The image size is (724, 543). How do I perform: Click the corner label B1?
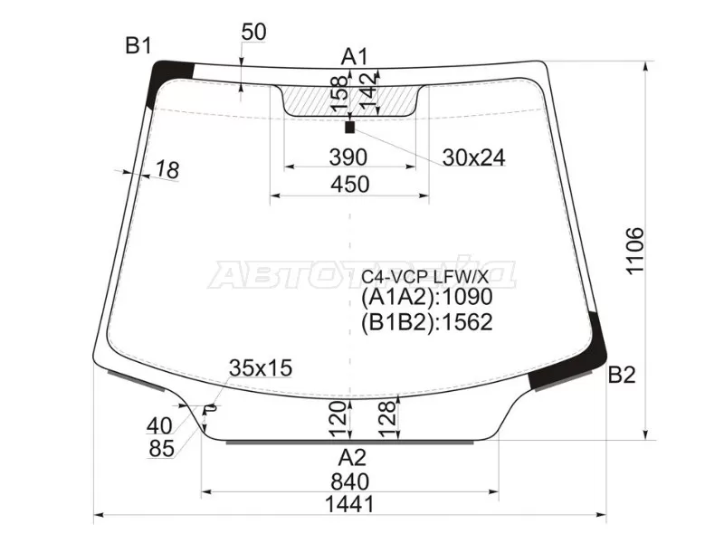pos(138,45)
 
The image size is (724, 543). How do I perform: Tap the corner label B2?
pos(622,374)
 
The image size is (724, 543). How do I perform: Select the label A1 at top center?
pos(354,57)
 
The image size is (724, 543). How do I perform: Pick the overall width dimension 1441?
pos(349,504)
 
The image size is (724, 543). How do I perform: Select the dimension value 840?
pos(349,480)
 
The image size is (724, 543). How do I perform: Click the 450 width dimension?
pos(349,184)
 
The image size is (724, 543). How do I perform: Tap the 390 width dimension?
pos(348,157)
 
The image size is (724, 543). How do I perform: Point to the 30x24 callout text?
pos(473,157)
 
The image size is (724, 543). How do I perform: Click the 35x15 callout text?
pos(261,367)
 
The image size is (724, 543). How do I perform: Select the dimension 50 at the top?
pos(254,32)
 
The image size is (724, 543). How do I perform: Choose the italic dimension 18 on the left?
pos(167,168)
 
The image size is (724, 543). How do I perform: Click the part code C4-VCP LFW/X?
pos(425,276)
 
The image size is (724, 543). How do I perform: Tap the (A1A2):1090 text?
pos(426,300)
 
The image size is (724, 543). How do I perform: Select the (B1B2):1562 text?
pos(426,323)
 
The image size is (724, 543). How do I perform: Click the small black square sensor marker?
pos(350,128)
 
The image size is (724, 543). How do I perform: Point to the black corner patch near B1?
pos(173,73)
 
